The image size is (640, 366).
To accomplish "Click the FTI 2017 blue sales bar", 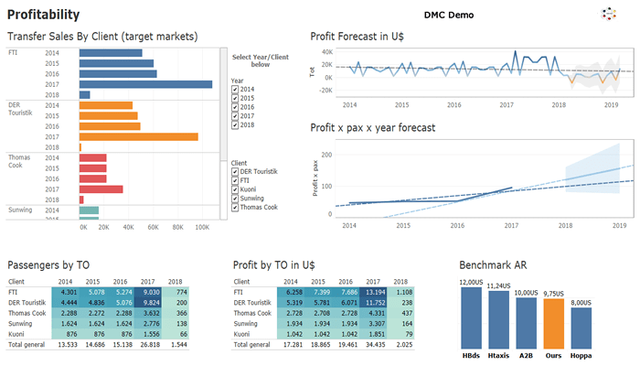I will tap(145, 84).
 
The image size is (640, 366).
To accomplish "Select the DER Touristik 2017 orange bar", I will tap(138, 136).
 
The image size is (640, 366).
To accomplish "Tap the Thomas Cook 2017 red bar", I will tap(101, 189).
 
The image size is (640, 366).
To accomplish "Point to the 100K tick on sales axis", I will tap(202, 228).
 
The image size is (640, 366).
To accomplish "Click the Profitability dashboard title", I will tap(43, 15).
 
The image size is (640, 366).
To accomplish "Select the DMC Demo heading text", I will tap(455, 16).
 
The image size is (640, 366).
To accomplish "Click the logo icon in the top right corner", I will tap(609, 14).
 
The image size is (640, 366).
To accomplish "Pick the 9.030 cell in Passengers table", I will tap(151, 292).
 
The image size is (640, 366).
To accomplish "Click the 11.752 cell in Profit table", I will tap(375, 302).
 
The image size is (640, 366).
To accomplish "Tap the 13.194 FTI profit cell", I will tap(375, 292).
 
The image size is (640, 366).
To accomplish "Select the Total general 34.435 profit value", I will tap(375, 345).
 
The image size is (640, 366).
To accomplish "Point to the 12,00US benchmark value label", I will tap(471, 282).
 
